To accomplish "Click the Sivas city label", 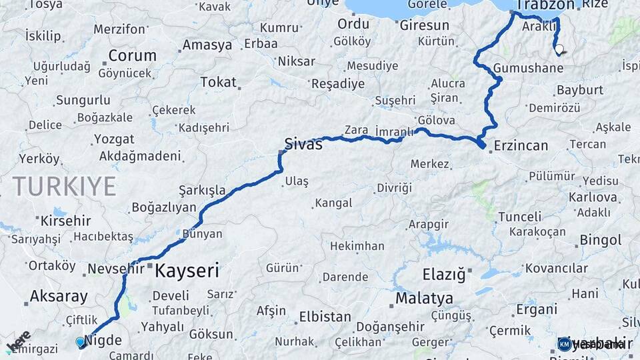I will pyautogui.click(x=303, y=143).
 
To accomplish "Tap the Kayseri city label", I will pyautogui.click(x=187, y=271).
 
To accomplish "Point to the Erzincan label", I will pyautogui.click(x=521, y=145).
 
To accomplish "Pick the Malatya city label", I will pyautogui.click(x=424, y=297).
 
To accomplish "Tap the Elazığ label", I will pyautogui.click(x=443, y=274).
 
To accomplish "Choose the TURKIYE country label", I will pyautogui.click(x=64, y=186).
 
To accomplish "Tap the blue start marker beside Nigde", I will pyautogui.click(x=81, y=342).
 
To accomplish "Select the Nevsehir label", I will pyautogui.click(x=115, y=269).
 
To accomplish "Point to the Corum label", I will pyautogui.click(x=132, y=55).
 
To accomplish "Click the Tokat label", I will pyautogui.click(x=219, y=83).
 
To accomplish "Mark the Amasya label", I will pyautogui.click(x=207, y=45).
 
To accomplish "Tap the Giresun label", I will pyautogui.click(x=425, y=25).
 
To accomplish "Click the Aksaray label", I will pyautogui.click(x=59, y=297).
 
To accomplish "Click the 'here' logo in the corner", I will pyautogui.click(x=19, y=341).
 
